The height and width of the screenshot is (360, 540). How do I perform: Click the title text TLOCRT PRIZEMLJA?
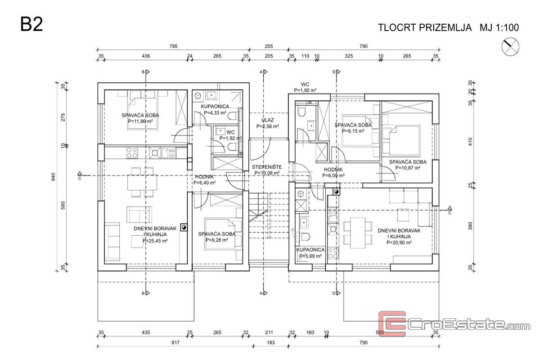click(x=424, y=27)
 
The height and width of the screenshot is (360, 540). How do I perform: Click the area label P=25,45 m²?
click(x=155, y=241)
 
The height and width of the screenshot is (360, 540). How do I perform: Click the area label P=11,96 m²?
click(x=140, y=121)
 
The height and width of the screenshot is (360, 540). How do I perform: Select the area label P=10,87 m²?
click(x=408, y=168)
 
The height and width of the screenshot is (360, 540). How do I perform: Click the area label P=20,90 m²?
click(x=399, y=242)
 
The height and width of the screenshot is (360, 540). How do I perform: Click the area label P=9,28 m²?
click(x=216, y=240)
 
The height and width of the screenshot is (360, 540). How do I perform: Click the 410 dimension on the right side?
click(x=471, y=142)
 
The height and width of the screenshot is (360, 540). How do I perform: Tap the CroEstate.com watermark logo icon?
click(x=392, y=324)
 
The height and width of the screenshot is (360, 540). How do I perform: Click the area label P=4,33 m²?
click(x=216, y=112)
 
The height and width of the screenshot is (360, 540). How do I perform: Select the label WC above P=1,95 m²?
click(x=305, y=84)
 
